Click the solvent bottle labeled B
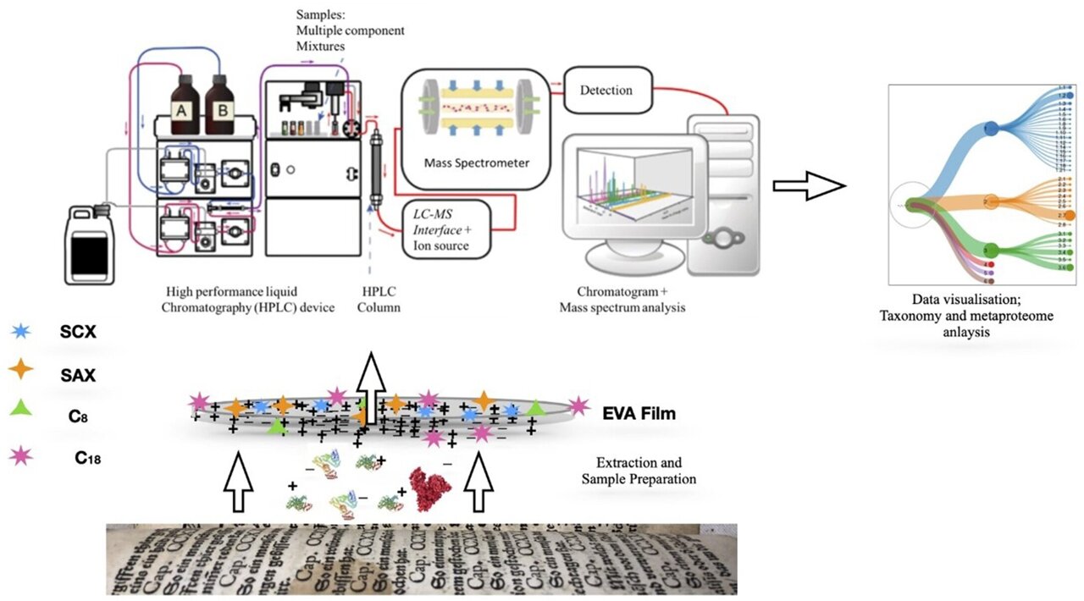tap(220, 108)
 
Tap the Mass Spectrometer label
tap(478, 163)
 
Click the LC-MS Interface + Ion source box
tap(445, 229)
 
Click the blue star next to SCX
tap(23, 331)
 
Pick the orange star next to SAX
tap(23, 370)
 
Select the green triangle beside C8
tap(23, 409)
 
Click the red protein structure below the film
tap(433, 488)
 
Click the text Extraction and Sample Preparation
tap(639, 471)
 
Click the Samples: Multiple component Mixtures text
tap(350, 30)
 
